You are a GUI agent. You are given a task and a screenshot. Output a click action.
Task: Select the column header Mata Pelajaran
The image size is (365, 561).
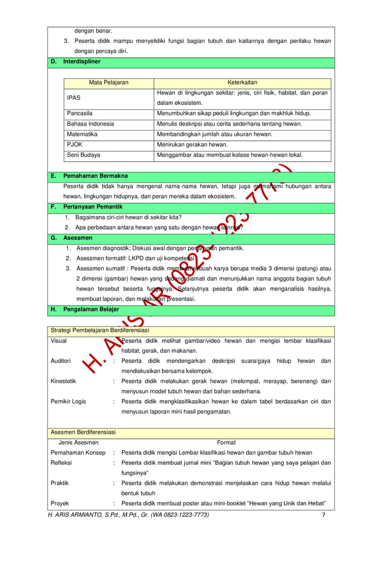(x=109, y=83)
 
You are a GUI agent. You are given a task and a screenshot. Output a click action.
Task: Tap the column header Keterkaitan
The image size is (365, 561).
(x=243, y=83)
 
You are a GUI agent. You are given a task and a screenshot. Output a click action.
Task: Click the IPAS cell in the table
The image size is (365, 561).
(x=74, y=98)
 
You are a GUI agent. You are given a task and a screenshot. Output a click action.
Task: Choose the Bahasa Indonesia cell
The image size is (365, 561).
(x=90, y=124)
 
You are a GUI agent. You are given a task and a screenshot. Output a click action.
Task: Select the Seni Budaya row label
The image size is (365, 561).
(x=84, y=155)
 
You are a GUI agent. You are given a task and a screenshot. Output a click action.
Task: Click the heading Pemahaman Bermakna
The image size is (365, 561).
(x=95, y=176)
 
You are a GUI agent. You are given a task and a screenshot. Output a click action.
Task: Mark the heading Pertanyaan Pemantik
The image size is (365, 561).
(x=93, y=206)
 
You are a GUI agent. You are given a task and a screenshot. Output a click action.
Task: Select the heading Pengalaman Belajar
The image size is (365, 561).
(x=91, y=309)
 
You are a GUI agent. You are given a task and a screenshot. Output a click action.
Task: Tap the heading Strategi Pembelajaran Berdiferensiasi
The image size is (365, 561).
(x=100, y=331)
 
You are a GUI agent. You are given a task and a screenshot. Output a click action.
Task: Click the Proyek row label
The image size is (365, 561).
(x=61, y=503)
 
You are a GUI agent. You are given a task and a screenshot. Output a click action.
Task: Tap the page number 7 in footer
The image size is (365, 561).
(x=323, y=515)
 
